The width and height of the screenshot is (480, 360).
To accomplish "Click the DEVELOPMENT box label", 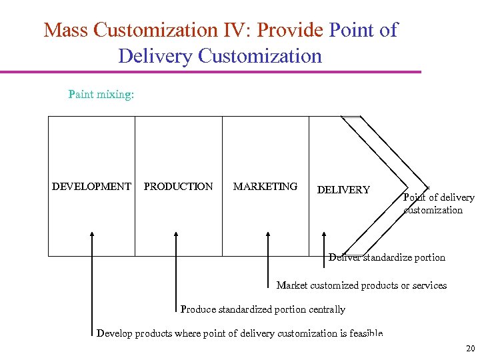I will coord(91,187).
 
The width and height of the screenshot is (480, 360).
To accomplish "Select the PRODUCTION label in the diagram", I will coord(178,187).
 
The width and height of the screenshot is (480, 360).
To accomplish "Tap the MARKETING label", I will coord(265,187).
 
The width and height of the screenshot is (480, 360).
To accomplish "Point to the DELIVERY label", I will coord(343,190).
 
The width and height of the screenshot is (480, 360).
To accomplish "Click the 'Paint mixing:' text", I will coord(101,95).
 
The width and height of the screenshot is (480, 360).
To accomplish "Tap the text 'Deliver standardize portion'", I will coord(387,257).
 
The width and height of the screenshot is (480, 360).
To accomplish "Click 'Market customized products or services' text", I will coord(361,285).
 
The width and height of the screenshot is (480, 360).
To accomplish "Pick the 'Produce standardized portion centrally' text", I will coord(263,309).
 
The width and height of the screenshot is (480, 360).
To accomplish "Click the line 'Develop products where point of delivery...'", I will coord(239,333).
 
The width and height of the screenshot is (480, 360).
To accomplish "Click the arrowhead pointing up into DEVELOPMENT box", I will coord(92,235).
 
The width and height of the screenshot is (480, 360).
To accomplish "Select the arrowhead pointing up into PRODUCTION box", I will coord(176,235).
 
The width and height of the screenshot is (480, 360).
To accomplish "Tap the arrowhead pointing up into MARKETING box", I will coord(268,235).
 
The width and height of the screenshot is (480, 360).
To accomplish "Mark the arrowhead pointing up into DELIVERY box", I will coord(324,235).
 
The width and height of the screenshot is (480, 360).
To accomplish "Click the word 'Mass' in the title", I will coord(67,30).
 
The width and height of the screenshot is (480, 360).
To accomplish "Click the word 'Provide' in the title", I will coord(291,30).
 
